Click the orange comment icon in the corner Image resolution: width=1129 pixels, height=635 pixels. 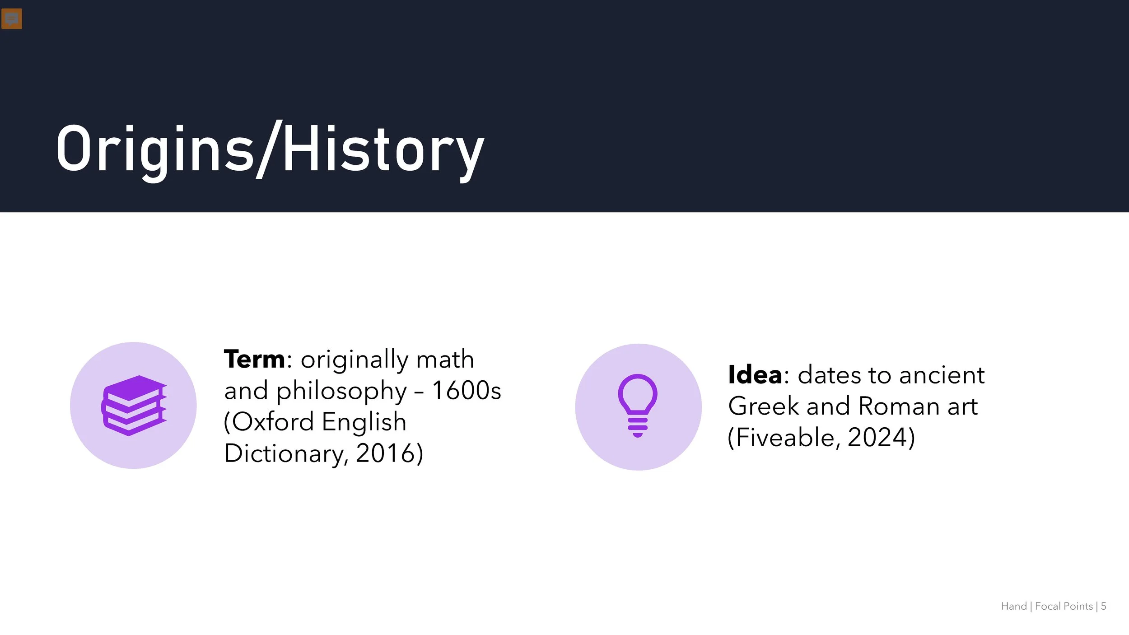[12, 19]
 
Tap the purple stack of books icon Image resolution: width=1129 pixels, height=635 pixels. [134, 405]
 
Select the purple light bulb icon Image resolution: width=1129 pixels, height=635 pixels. [638, 405]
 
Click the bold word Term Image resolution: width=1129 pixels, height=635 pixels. [254, 360]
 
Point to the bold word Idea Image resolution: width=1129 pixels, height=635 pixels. [755, 375]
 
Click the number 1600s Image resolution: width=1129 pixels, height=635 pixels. [467, 390]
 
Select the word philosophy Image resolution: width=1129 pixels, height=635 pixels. [341, 391]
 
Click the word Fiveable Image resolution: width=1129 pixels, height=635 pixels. [784, 437]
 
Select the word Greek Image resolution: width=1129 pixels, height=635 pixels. [764, 406]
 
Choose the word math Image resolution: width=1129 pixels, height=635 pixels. [445, 360]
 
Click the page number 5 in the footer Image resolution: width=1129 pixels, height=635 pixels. [1103, 606]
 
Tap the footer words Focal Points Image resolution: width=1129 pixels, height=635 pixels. [1064, 606]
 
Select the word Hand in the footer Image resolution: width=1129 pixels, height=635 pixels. [1014, 606]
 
